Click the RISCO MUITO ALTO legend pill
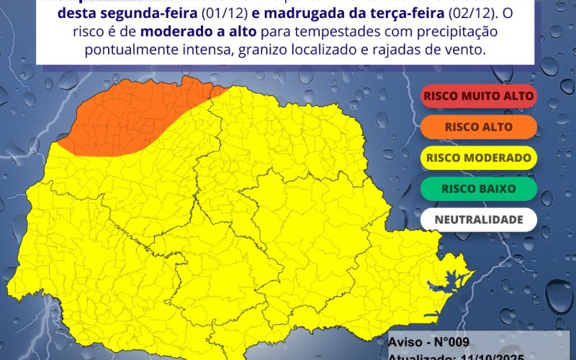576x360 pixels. tap(479, 96)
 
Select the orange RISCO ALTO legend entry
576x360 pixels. tap(479, 127)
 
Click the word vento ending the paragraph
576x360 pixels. tap(469, 51)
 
